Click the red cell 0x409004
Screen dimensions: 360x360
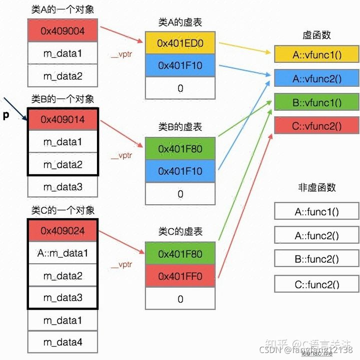coord(62,31)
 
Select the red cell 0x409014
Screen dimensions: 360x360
coord(62,119)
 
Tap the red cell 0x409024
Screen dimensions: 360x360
coord(62,231)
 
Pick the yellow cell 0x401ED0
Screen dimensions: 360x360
coord(180,43)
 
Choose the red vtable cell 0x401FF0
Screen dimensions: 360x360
coord(180,276)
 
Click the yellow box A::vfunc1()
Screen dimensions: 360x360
coord(316,54)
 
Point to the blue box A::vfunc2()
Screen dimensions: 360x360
coord(316,78)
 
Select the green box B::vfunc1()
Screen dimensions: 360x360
coord(316,102)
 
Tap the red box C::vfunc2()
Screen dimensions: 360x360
coord(316,125)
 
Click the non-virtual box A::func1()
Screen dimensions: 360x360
coord(316,211)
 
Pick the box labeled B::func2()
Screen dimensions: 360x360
coord(316,259)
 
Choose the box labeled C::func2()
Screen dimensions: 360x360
coord(316,285)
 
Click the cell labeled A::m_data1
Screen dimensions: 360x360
coord(62,253)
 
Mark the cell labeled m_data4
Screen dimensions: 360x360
coord(62,343)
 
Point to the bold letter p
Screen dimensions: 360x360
coord(6,115)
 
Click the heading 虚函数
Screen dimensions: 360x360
coord(316,35)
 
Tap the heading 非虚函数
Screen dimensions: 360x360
coord(316,187)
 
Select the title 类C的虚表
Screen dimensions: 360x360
coord(180,232)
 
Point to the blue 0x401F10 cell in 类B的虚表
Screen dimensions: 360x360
coord(180,171)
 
